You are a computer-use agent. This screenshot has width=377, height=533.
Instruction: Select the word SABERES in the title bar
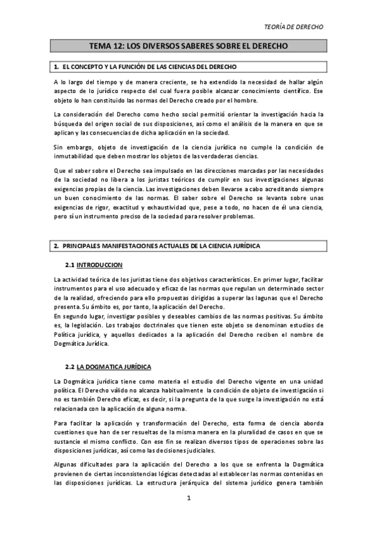tap(194, 47)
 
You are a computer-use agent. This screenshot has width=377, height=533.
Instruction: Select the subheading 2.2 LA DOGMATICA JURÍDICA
tap(113, 366)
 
